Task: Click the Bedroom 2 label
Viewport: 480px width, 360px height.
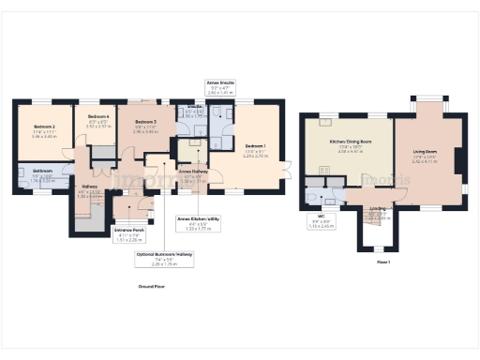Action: click(44, 127)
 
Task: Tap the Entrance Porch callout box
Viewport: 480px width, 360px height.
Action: click(129, 234)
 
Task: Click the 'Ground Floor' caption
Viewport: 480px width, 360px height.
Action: click(152, 285)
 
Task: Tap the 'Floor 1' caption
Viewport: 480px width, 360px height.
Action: click(382, 262)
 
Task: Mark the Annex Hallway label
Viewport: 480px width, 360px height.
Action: click(192, 172)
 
